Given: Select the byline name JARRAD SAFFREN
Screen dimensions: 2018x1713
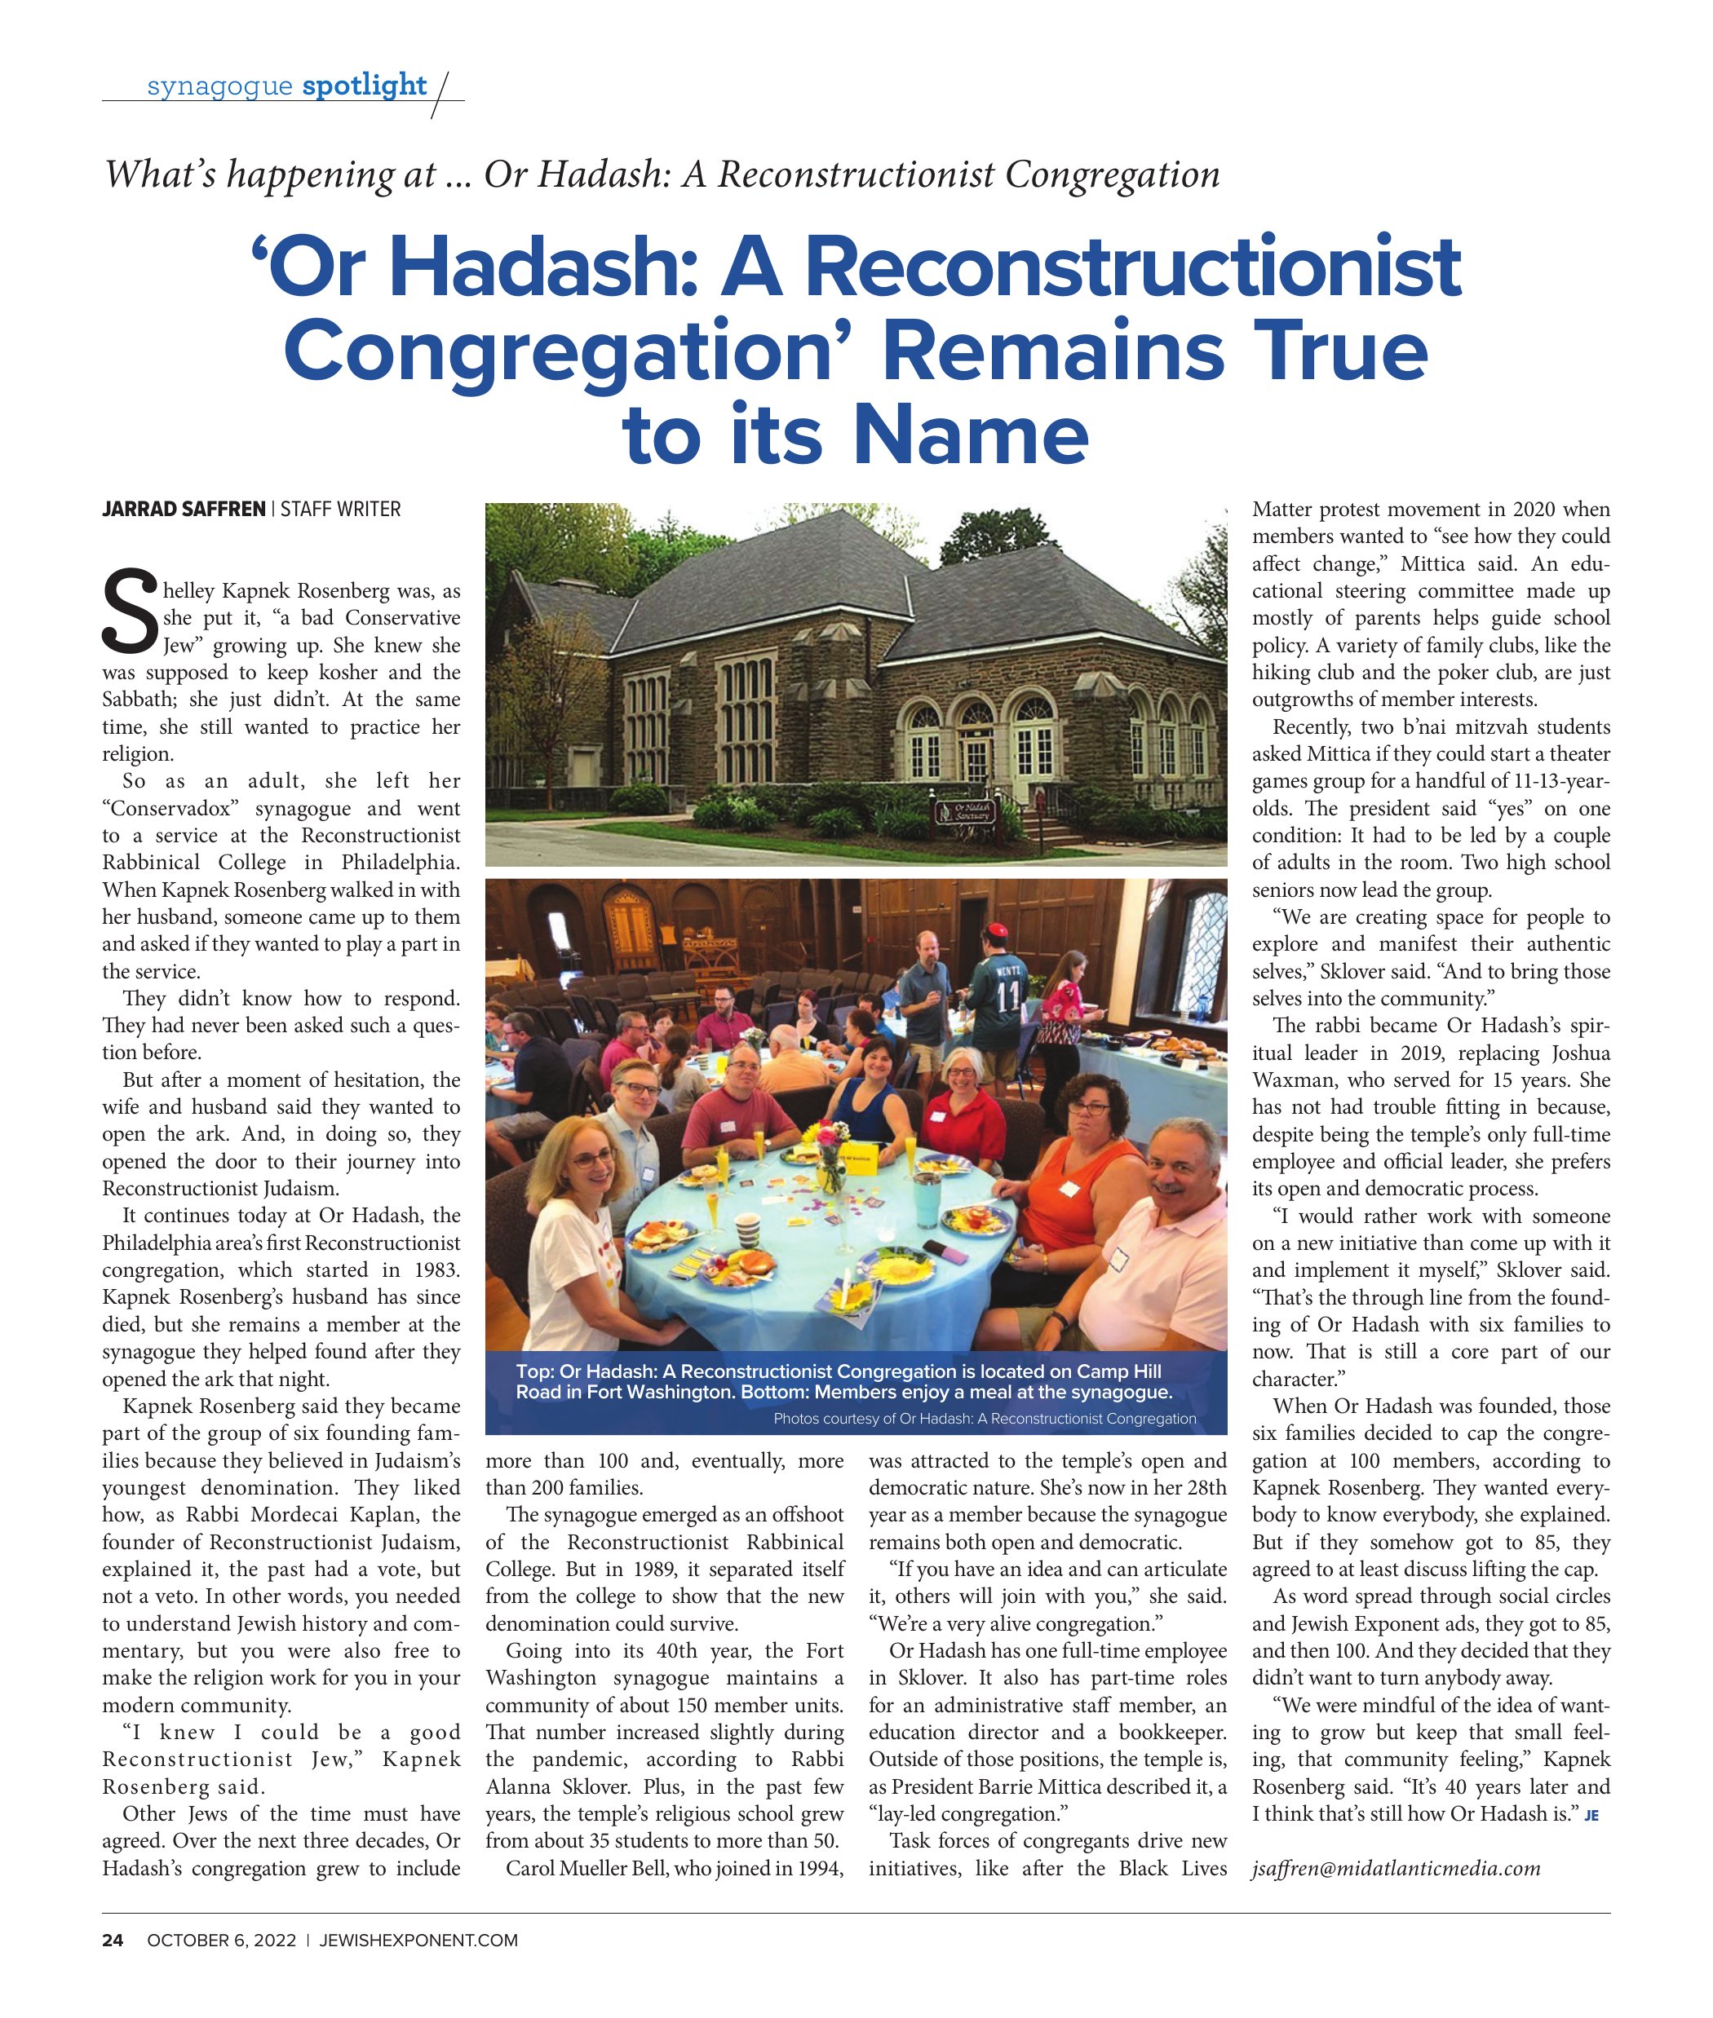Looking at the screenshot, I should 184,509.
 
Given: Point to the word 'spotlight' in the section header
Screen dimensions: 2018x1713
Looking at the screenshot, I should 364,86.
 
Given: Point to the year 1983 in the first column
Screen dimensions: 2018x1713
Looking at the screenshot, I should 434,1270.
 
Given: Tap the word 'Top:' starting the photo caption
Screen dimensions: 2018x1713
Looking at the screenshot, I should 535,1371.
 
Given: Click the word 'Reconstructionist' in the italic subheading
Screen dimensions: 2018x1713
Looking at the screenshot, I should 856,174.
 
